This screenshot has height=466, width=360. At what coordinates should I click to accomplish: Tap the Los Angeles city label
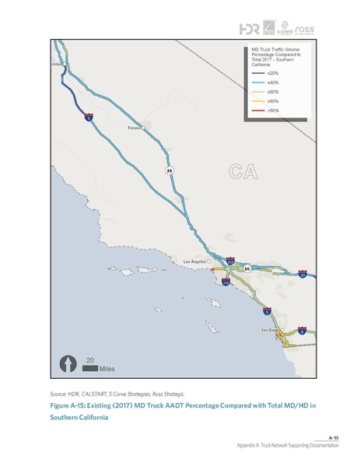[195, 261]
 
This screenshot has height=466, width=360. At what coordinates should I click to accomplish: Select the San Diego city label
[268, 330]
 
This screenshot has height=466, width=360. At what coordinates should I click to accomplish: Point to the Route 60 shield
[246, 268]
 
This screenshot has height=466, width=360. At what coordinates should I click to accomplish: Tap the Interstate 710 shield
[225, 283]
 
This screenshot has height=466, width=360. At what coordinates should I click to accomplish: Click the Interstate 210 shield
[230, 261]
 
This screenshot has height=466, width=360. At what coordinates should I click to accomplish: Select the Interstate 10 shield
[302, 274]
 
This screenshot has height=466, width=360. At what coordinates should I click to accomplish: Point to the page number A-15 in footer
[334, 439]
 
